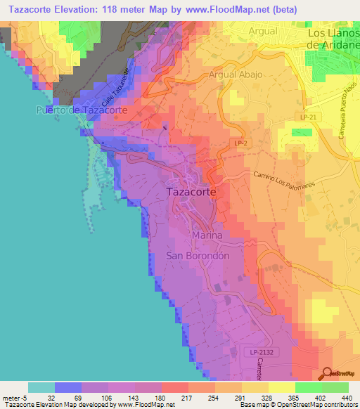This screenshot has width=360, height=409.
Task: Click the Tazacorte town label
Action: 191,191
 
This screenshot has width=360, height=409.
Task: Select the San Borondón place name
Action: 198,257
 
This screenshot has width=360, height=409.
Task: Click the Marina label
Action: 207,236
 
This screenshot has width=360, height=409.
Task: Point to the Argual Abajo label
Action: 235,74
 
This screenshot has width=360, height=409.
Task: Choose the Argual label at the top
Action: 262,32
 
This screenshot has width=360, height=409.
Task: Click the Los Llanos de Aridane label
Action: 334,38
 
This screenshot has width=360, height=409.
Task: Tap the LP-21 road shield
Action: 307,118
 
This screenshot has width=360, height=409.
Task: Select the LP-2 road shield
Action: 240,143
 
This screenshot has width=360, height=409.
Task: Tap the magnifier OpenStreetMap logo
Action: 327,373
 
